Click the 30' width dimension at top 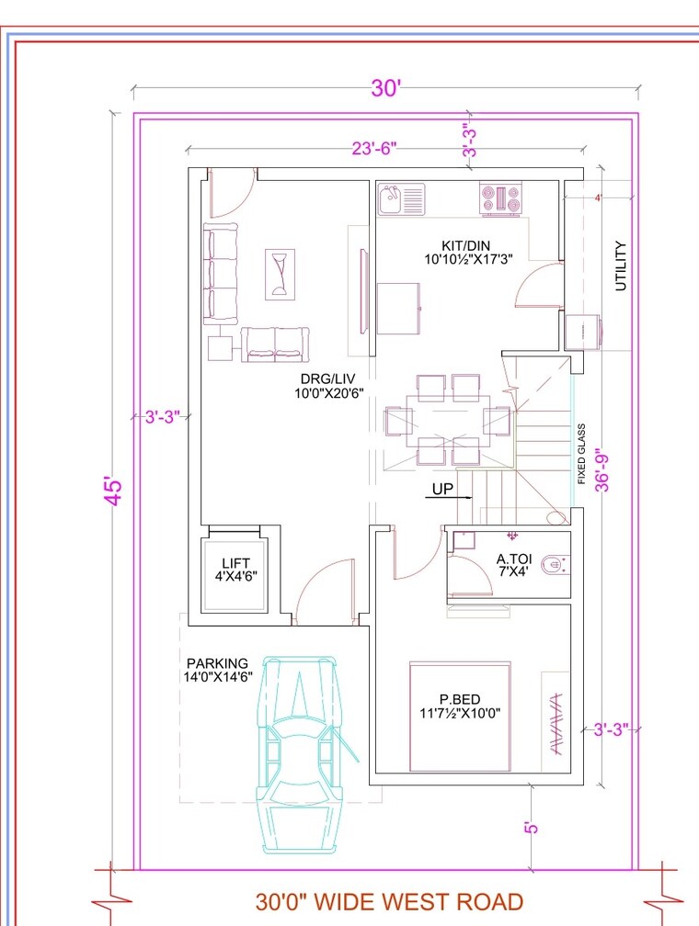click(x=386, y=88)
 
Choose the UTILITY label click(x=622, y=265)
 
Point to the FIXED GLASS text click(x=581, y=454)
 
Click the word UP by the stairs click(x=442, y=489)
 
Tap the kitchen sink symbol click(x=402, y=198)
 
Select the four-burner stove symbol click(x=499, y=198)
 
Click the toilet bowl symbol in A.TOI click(x=555, y=564)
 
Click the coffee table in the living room click(x=281, y=274)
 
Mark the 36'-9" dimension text click(x=603, y=469)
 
